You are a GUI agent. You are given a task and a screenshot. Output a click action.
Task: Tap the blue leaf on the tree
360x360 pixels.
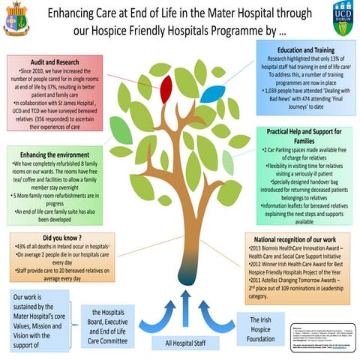point(213,94)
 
